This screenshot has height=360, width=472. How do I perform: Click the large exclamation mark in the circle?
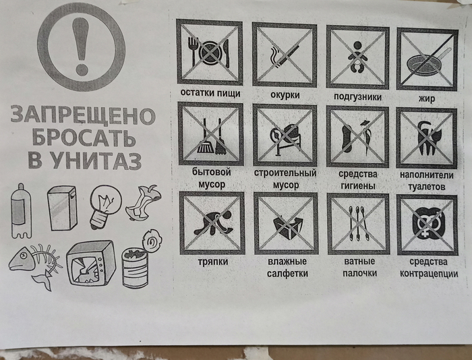coord(82,45)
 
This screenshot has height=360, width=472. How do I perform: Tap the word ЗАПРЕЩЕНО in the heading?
coord(83,115)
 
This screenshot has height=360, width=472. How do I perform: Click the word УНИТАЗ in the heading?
coord(96,160)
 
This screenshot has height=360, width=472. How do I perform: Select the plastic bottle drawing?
coord(21,210)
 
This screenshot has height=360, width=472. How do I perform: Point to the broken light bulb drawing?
coord(105,206)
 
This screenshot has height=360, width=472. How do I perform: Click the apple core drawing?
coord(144,203)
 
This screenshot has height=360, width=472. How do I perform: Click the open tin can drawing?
coord(142,260)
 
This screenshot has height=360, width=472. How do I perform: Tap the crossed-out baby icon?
coord(357,57)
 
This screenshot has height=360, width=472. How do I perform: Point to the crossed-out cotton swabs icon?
coord(358,224)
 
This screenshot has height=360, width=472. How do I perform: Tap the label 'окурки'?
coord(285,95)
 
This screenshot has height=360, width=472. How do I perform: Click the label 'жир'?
coord(427,98)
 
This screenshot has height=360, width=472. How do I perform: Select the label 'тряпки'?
coord(213,262)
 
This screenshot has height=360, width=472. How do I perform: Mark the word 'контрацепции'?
coord(429,274)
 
